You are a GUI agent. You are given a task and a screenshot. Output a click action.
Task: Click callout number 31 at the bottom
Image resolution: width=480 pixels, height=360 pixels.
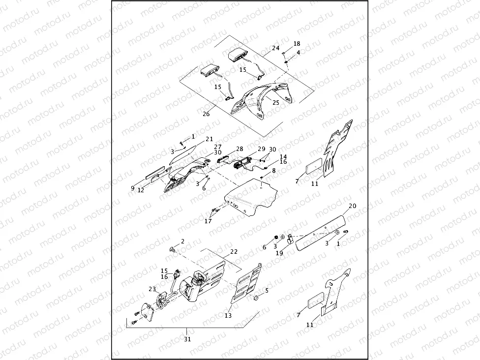(187, 339)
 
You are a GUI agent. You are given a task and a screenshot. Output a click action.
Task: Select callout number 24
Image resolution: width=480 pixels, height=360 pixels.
(275, 48)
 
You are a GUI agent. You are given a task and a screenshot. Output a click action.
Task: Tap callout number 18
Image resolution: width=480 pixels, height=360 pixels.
(297, 44)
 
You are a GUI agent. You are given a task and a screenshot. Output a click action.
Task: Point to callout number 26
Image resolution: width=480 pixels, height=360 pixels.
(206, 114)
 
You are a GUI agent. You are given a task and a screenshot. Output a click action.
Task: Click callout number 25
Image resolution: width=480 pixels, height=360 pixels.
(275, 102)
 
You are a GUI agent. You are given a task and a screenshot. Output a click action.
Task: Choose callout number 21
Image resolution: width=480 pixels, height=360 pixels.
(209, 139)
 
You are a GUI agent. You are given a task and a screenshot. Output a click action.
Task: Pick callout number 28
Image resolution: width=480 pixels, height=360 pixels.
(240, 149)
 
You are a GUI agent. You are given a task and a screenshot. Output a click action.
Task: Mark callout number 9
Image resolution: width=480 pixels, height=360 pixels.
(133, 187)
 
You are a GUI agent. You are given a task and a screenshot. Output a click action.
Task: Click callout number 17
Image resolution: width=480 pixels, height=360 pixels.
(208, 221)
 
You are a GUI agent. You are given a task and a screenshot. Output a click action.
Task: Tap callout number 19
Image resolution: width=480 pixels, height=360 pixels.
(279, 253)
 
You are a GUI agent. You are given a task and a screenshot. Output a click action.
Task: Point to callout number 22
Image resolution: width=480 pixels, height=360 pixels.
(234, 251)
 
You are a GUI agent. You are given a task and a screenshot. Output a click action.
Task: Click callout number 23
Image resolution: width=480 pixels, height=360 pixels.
(152, 289)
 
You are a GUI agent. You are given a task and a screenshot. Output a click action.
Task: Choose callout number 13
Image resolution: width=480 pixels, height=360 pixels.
(228, 316)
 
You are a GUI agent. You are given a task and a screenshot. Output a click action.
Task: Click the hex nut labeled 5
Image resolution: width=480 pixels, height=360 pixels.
(256, 298)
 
